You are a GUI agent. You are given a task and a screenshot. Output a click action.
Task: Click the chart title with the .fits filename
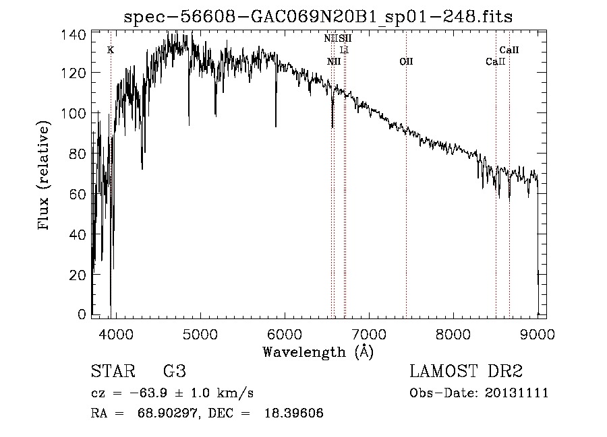point(318,18)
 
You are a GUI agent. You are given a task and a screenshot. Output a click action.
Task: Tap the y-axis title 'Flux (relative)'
point(45,176)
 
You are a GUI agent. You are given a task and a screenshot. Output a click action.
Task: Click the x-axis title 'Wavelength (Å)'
point(318,352)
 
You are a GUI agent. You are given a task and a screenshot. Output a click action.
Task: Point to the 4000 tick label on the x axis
point(115,333)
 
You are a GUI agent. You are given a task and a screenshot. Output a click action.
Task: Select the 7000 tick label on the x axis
point(369,333)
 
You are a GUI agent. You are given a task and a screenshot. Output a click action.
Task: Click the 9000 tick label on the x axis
point(538,333)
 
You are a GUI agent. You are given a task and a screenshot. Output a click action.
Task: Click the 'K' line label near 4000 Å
point(111,50)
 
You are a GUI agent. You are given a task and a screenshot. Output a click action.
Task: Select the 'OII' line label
point(406,62)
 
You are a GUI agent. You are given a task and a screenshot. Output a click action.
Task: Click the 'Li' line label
point(344,51)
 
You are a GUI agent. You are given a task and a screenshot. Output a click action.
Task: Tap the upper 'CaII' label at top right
point(509,50)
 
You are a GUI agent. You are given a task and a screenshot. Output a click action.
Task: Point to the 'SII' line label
point(345,39)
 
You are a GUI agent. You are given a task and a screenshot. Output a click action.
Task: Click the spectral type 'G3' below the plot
point(175,372)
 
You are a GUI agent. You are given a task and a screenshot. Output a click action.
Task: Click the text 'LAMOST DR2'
point(466,372)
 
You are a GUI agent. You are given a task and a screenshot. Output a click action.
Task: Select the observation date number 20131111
point(518,393)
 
